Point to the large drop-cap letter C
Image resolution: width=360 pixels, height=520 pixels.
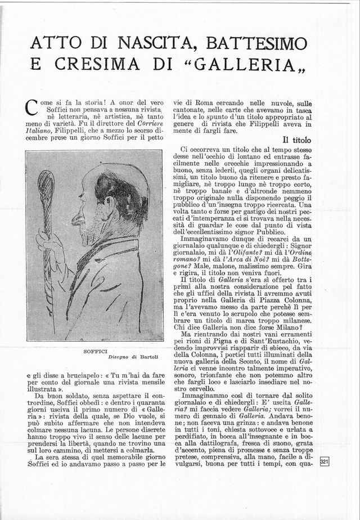[x=32, y=107]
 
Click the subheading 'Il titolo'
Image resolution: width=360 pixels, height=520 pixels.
[x=301, y=139]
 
